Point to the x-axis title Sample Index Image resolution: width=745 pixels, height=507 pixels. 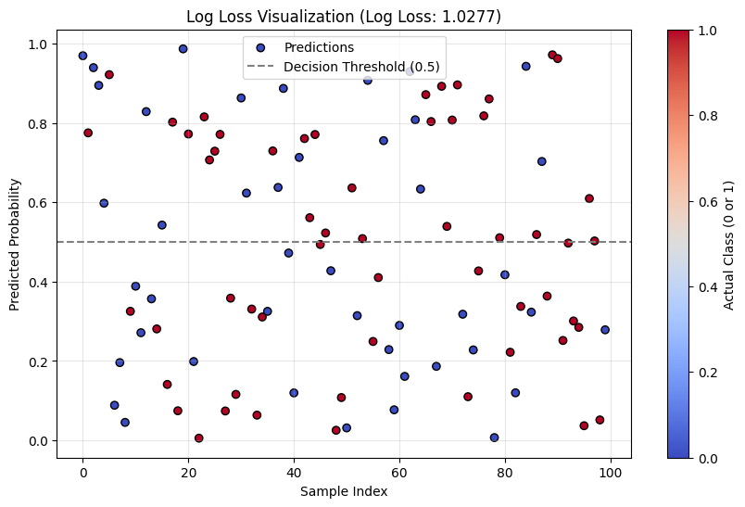344,491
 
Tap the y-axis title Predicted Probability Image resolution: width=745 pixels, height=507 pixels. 15,243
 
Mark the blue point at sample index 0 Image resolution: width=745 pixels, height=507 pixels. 82,56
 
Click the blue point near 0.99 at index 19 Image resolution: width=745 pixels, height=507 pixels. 183,49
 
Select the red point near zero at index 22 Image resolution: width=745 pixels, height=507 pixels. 199,438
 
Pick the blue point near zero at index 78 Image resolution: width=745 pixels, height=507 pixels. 495,437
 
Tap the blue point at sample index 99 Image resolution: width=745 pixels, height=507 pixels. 605,330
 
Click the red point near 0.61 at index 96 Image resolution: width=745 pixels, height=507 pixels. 589,198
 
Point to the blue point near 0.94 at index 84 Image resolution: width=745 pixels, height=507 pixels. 526,67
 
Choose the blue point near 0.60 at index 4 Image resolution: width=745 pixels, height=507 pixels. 104,203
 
